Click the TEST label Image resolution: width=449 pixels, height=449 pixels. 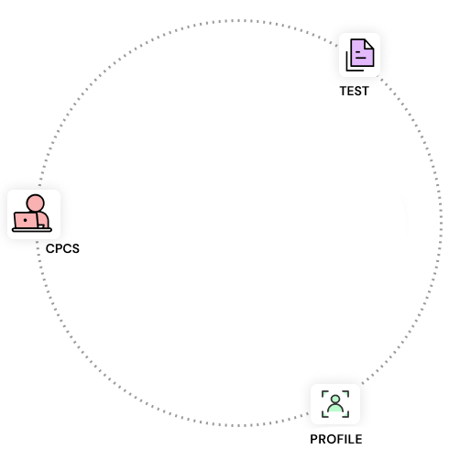click(x=355, y=91)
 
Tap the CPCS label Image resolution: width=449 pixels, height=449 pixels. click(x=62, y=248)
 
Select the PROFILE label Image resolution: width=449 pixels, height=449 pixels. click(x=336, y=439)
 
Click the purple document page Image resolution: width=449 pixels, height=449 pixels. click(x=362, y=52)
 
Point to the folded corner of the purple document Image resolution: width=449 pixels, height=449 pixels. click(x=369, y=44)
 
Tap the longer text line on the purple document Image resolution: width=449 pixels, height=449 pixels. click(x=361, y=58)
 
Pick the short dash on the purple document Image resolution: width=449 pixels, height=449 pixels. click(x=358, y=52)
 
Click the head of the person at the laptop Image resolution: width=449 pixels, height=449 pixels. click(x=36, y=203)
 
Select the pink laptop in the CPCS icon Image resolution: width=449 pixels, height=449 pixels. click(x=26, y=220)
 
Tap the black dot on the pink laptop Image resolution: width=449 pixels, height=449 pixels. click(x=25, y=220)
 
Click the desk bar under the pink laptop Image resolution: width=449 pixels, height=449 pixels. click(x=32, y=230)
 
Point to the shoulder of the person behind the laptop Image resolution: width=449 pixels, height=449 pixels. click(x=44, y=217)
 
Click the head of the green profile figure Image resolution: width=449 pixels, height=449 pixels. click(x=335, y=399)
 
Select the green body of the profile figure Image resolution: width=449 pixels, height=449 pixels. click(x=335, y=408)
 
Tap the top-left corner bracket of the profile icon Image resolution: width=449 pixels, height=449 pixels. click(x=323, y=393)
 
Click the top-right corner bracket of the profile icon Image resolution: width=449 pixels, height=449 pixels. click(x=347, y=393)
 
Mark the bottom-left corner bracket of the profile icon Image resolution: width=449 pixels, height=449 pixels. click(x=323, y=415)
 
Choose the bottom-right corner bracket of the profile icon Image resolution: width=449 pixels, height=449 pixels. click(x=347, y=415)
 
